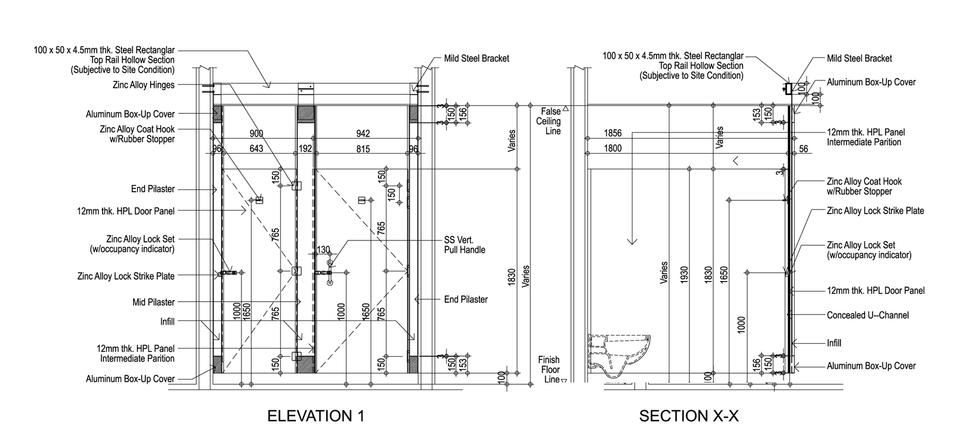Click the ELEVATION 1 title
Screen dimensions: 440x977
(315, 416)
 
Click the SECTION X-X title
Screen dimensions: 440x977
(689, 416)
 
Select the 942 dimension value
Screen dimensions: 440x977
(363, 134)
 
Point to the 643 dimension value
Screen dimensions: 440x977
(256, 149)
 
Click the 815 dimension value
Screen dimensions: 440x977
(363, 149)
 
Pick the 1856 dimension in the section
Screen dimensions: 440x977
(612, 134)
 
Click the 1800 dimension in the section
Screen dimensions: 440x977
(612, 149)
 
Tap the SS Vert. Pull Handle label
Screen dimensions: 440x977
(464, 245)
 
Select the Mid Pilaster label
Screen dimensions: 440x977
(154, 302)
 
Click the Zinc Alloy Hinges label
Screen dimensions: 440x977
(144, 85)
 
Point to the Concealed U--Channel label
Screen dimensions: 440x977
(867, 315)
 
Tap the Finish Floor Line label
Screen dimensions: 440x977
(549, 370)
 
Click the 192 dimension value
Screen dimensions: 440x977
(305, 149)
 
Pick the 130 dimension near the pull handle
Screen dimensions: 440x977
(323, 250)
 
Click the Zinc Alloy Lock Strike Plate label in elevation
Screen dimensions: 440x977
(126, 276)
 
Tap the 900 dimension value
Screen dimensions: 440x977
(256, 134)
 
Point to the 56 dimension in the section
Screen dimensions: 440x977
(803, 149)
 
